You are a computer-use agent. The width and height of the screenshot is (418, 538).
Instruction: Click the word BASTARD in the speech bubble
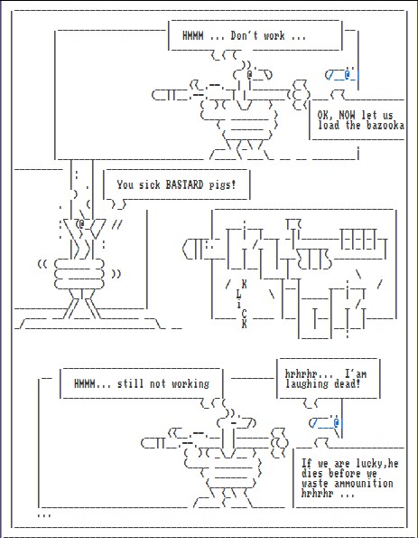coord(184,184)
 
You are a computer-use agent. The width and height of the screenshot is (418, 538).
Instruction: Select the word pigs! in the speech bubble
coord(222,185)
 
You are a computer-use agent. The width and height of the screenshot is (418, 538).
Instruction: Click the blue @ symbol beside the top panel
coord(348,74)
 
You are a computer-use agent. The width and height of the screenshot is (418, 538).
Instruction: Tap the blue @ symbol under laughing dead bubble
coord(337,421)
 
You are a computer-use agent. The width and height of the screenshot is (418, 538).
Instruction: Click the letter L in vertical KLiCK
coord(239,295)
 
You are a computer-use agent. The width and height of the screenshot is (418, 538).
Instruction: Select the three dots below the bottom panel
coord(44,515)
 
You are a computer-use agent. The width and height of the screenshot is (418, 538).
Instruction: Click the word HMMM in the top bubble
coord(192,35)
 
